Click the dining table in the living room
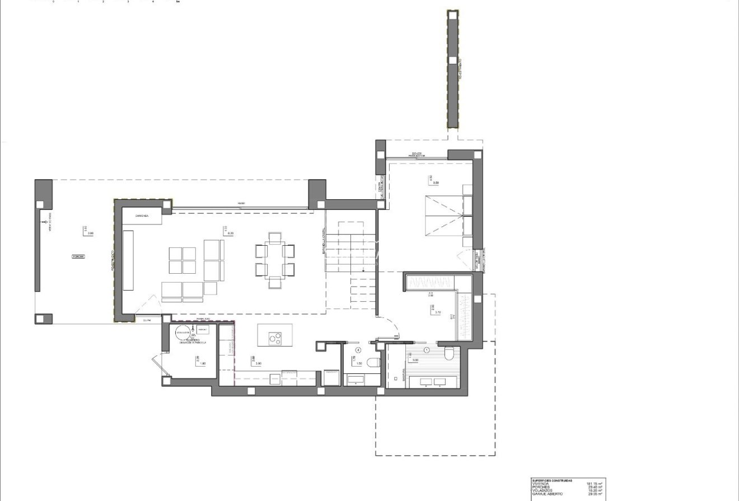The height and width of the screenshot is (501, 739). coord(274,260)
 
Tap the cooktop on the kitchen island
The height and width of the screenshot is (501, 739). coord(274,338)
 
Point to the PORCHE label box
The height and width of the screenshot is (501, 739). coord(78,256)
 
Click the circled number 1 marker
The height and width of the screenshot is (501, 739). coord(427,350)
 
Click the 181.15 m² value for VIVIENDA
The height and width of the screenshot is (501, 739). coord(595,484)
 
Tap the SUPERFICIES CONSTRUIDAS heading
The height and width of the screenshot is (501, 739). coord(552,480)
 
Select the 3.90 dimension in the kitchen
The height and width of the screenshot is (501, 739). coord(259,364)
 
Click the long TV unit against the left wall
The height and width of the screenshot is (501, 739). coord(128,260)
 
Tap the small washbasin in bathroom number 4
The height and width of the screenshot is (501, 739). coord(356,381)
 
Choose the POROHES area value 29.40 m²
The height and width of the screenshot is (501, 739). coord(595,487)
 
